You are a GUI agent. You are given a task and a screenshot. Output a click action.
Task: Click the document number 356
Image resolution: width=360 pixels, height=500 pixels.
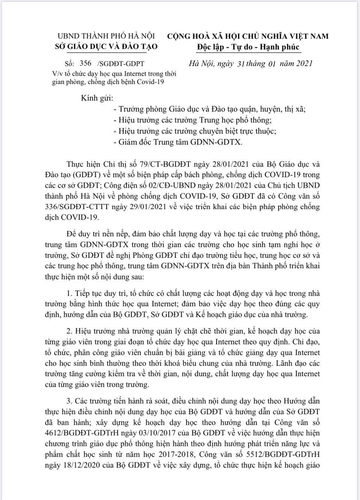tap(86, 63)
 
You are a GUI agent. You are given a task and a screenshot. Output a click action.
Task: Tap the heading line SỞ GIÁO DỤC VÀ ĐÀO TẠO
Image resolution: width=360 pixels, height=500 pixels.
tap(106, 47)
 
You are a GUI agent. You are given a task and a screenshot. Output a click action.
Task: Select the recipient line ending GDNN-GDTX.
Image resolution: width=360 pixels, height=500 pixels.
tap(178, 142)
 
